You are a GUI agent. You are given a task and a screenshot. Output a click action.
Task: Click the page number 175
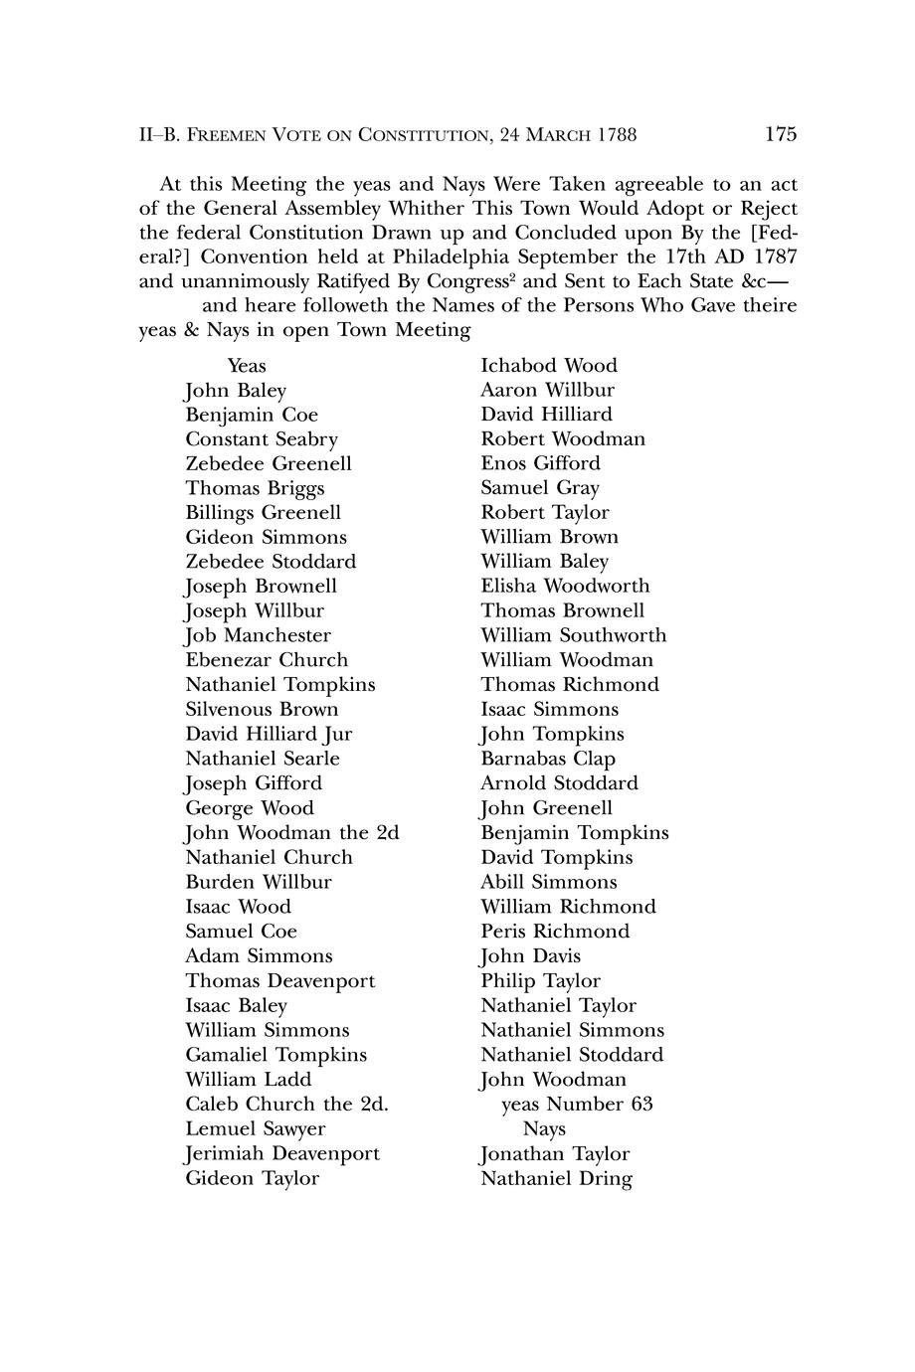[781, 134]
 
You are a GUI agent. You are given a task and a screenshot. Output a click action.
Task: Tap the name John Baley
[236, 391]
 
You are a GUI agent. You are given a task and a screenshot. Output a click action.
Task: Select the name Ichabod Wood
[549, 366]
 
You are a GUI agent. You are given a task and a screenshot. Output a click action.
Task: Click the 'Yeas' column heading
[247, 366]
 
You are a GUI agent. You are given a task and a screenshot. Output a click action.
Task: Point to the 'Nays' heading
[544, 1129]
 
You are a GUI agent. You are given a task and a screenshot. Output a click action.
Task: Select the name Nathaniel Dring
[556, 1179]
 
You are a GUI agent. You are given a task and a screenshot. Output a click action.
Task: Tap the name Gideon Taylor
[252, 1179]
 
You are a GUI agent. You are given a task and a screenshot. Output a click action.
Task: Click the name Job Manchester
[258, 635]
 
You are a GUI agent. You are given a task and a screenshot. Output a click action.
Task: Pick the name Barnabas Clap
[548, 759]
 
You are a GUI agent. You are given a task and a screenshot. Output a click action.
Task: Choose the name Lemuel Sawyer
[256, 1129]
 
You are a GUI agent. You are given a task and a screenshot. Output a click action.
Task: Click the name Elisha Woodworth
[565, 587]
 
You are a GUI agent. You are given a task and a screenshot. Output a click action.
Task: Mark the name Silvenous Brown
[262, 710]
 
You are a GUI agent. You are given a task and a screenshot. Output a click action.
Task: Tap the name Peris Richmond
[555, 932]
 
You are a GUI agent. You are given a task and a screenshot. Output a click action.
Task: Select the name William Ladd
[249, 1080]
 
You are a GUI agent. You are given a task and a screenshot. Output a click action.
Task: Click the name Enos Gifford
[540, 463]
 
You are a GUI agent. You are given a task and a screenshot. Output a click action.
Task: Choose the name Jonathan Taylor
[555, 1154]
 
